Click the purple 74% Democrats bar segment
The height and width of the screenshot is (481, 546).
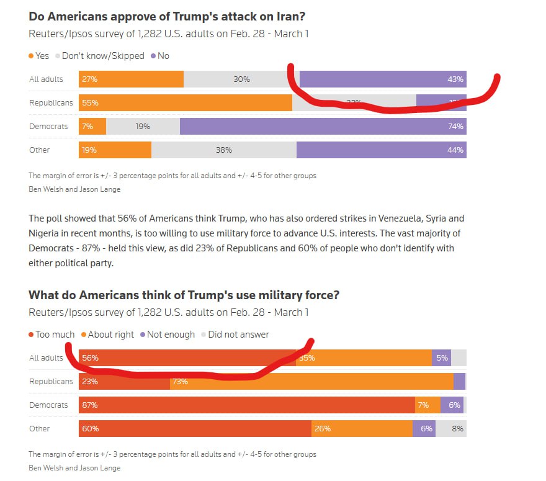tap(323, 126)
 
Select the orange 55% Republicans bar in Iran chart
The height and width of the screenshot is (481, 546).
tap(185, 102)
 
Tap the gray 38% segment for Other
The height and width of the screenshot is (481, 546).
tap(224, 150)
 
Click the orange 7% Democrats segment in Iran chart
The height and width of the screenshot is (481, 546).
tap(92, 126)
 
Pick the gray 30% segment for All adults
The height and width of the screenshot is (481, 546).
tap(241, 79)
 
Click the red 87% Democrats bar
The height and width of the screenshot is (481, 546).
tap(247, 405)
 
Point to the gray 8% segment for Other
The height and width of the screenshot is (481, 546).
tap(451, 428)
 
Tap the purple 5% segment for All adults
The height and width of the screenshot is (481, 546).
tap(441, 357)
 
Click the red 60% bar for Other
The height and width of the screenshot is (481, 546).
tap(195, 428)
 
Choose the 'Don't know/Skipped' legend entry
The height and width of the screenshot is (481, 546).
tap(100, 56)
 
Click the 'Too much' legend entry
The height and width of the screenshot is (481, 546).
tap(52, 335)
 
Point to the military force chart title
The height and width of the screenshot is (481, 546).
tap(184, 295)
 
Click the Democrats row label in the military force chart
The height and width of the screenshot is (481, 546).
tap(48, 405)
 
